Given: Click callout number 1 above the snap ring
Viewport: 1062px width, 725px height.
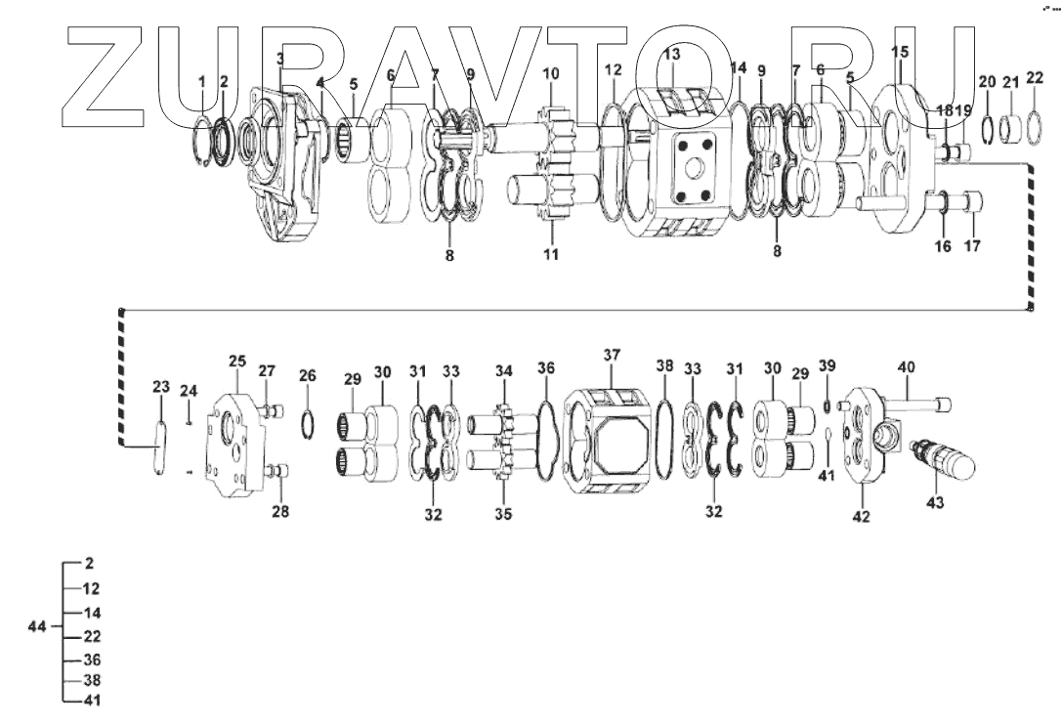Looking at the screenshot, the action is pyautogui.click(x=201, y=81).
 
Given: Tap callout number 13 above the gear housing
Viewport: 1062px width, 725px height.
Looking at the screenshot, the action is pyautogui.click(x=671, y=54).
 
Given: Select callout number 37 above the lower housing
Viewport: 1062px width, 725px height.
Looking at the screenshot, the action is pyautogui.click(x=612, y=355).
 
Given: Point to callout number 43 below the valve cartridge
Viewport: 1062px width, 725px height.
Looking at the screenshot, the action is pyautogui.click(x=935, y=503).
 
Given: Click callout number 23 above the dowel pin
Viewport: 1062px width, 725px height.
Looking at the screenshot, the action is pyautogui.click(x=160, y=387).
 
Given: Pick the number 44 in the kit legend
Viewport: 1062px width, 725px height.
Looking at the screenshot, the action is pyautogui.click(x=37, y=626).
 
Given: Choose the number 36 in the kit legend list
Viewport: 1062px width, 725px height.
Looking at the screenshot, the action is pyautogui.click(x=92, y=660).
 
